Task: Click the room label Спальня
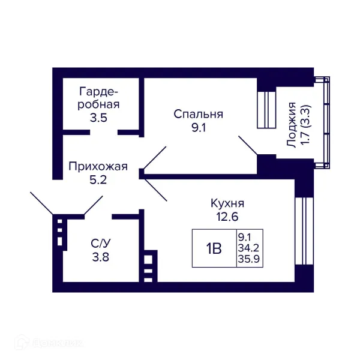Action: click(x=199, y=114)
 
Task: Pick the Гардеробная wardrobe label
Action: click(x=99, y=98)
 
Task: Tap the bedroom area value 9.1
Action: click(x=199, y=127)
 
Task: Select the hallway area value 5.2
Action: click(x=97, y=179)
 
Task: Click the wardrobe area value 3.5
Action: click(x=99, y=118)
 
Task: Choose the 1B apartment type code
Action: click(x=214, y=248)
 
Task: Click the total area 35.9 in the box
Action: click(x=249, y=260)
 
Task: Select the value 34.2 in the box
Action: click(x=249, y=248)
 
